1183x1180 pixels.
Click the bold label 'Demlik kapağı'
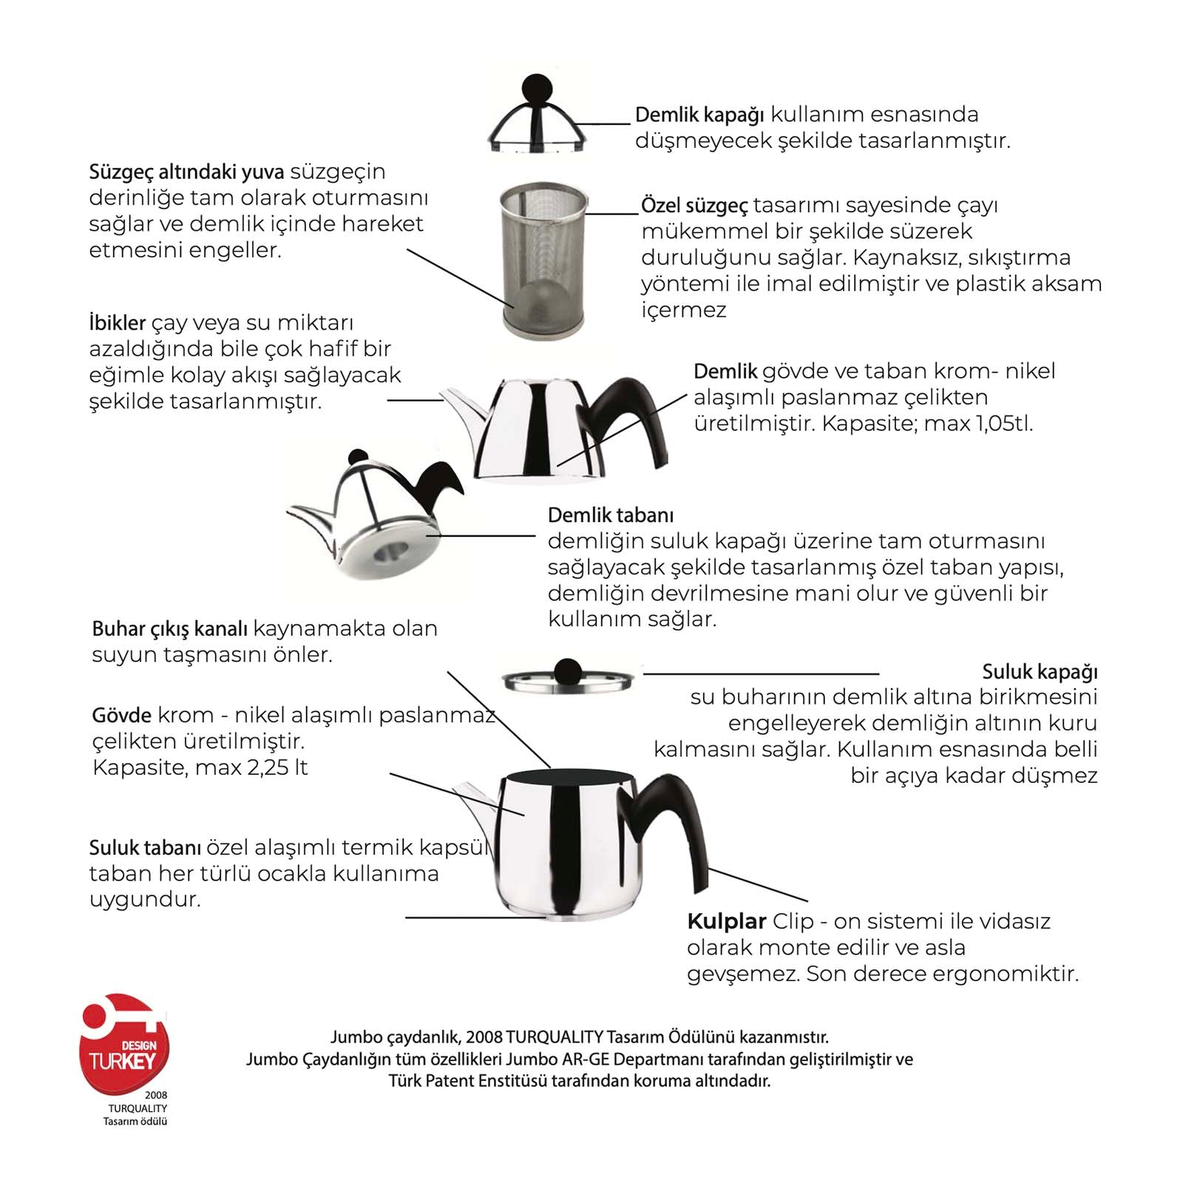click(x=699, y=115)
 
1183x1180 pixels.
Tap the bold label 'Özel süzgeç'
click(x=694, y=206)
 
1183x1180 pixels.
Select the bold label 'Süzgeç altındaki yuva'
click(x=186, y=172)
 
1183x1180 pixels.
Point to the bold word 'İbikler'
click(x=117, y=323)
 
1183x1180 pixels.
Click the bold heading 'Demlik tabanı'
click(x=611, y=515)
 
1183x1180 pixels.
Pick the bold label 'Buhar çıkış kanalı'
click(x=169, y=629)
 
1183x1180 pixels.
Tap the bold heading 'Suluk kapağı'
click(x=1040, y=672)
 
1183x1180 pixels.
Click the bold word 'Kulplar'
click(x=726, y=922)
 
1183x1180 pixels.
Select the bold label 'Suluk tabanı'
click(x=145, y=848)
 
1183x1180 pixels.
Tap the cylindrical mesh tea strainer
click(x=543, y=259)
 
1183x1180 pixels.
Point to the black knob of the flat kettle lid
click(x=567, y=671)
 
